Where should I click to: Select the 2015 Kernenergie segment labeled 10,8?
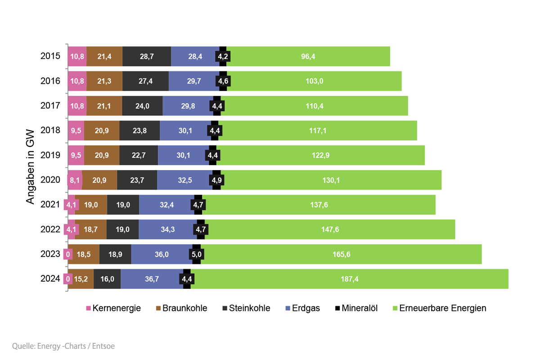click(x=76, y=56)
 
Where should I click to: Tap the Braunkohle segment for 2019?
click(x=102, y=155)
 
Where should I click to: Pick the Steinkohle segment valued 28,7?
click(x=147, y=56)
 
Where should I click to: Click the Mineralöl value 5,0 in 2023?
click(x=197, y=254)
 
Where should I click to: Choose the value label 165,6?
click(x=341, y=254)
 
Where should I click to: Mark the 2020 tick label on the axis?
click(x=50, y=180)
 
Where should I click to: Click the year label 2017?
click(x=50, y=106)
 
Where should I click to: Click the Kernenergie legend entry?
click(x=113, y=308)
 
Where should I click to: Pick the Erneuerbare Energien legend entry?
click(x=439, y=308)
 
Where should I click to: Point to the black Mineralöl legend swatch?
click(x=337, y=308)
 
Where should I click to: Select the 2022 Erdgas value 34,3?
click(x=167, y=229)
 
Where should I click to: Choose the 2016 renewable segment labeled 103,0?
click(x=314, y=81)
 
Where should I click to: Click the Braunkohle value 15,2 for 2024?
click(x=81, y=279)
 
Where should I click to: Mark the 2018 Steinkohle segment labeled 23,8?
click(x=139, y=130)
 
